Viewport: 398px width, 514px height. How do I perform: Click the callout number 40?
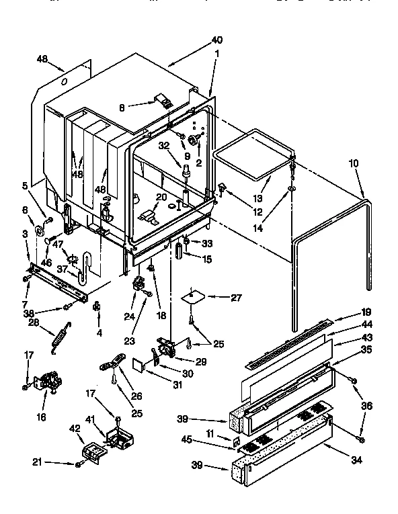(x=216, y=40)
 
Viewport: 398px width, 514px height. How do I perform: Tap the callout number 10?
(x=354, y=163)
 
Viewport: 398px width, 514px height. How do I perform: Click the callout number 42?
(x=75, y=427)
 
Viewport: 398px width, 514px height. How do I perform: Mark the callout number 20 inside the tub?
(x=161, y=197)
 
